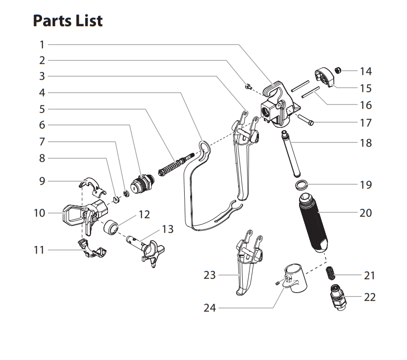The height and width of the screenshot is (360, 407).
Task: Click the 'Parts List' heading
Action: coord(68,21)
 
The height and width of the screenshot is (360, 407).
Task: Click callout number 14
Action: coord(366,71)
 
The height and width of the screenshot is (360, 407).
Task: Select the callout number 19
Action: coord(366,185)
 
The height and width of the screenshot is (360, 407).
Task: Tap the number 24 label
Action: coord(210,308)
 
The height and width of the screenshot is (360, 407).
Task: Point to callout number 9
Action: coord(43,181)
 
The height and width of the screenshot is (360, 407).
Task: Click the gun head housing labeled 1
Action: coord(277,106)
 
